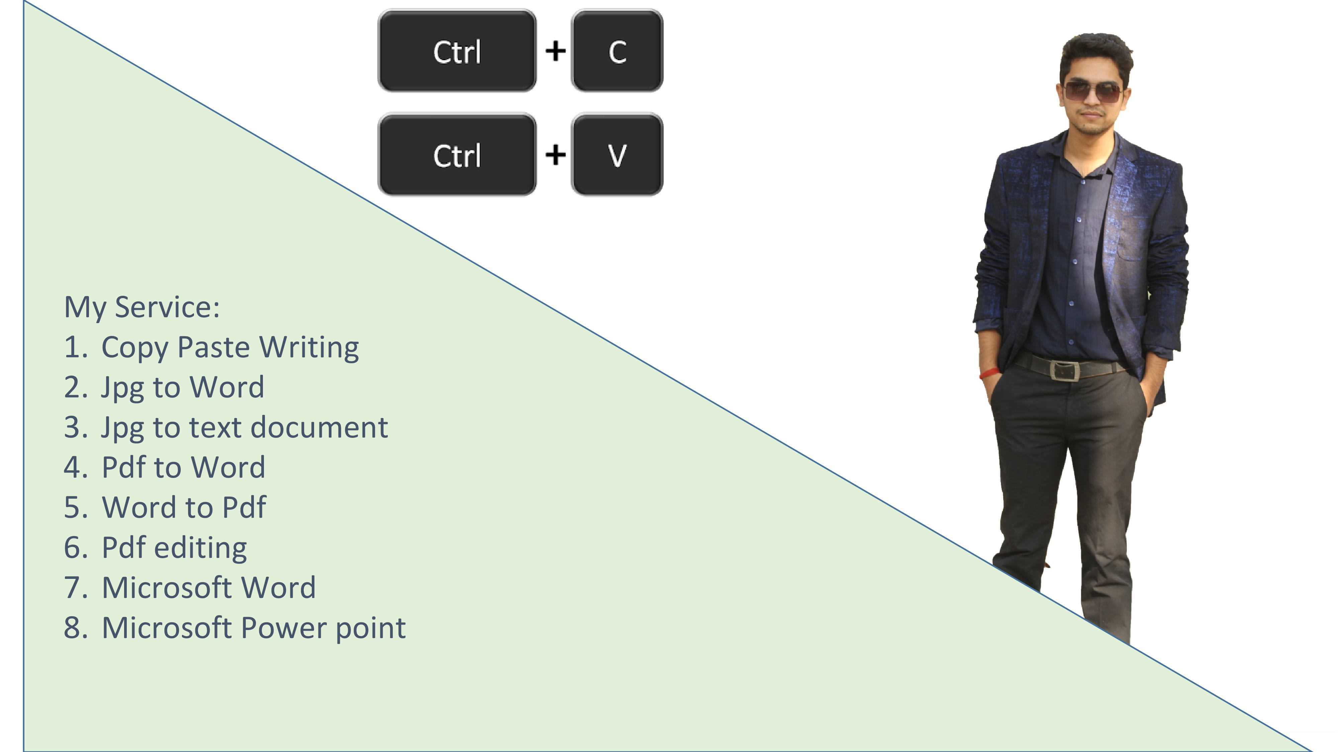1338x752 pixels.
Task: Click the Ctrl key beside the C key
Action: coord(457,51)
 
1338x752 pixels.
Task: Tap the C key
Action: coord(617,51)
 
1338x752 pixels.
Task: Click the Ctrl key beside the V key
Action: coord(457,155)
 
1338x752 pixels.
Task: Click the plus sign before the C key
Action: coord(555,51)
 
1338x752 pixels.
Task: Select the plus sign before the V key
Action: coord(555,155)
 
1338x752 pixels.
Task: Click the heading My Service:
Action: coord(142,307)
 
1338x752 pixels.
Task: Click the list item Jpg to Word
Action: coord(182,388)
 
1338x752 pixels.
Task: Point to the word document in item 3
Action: coord(319,428)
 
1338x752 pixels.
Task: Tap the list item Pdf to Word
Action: coord(183,468)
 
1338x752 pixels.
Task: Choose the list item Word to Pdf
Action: coord(184,508)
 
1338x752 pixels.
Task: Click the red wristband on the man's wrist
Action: coord(989,373)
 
